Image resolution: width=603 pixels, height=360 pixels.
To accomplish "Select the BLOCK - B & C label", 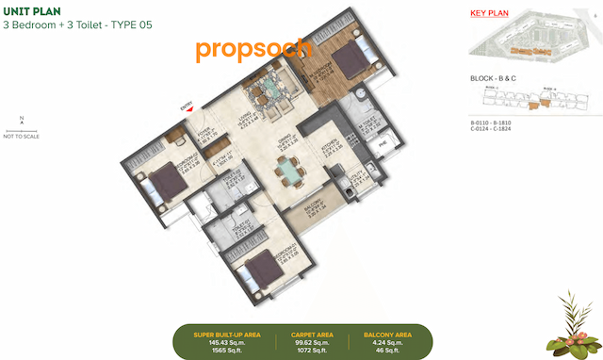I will pyautogui.click(x=497, y=79).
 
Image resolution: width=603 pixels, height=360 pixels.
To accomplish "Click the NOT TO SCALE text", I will pyautogui.click(x=22, y=137).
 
